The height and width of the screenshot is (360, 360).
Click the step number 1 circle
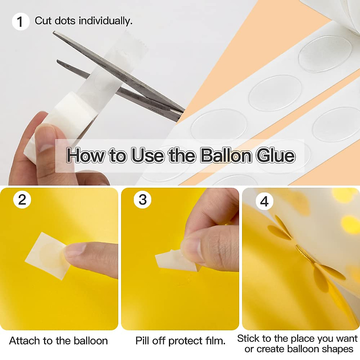pos(20,22)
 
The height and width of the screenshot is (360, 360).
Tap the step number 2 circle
pos(22,200)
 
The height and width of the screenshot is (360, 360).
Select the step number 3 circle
pos(142,200)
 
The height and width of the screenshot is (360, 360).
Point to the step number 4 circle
pos(264,201)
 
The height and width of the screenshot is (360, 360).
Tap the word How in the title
pos(86,155)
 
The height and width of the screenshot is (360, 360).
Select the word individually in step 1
pos(105,21)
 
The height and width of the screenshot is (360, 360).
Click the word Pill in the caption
pos(142,341)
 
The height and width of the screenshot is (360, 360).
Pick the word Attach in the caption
pos(25,341)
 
